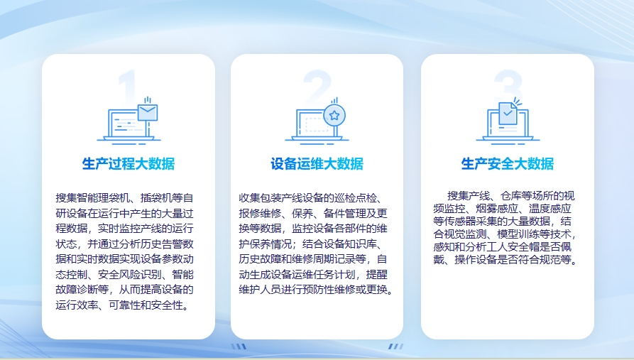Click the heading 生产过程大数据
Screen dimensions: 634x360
[x=129, y=164]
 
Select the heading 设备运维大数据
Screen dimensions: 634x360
[x=317, y=164]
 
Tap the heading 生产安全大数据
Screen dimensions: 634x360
[x=508, y=164]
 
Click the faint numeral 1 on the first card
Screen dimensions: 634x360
[x=127, y=86]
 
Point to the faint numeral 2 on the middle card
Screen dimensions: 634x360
[x=317, y=85]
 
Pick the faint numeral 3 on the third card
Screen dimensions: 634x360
[x=508, y=86]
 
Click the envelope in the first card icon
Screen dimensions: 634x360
[x=148, y=112]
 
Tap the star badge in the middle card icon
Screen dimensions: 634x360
[x=334, y=116]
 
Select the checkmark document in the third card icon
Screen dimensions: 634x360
[x=508, y=114]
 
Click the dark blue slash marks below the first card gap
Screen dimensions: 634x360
[x=239, y=347]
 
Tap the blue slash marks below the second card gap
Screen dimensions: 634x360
[x=396, y=347]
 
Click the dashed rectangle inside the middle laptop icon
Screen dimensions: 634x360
[x=317, y=124]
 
